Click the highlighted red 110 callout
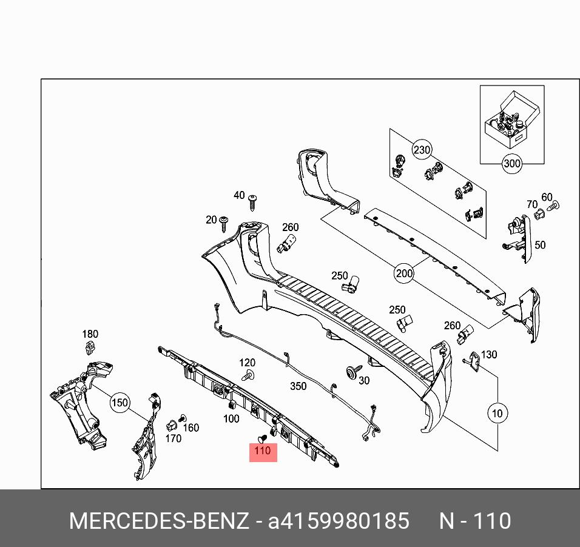pyautogui.click(x=263, y=451)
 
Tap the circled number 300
pyautogui.click(x=512, y=163)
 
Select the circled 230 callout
pyautogui.click(x=422, y=149)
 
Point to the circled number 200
pyautogui.click(x=404, y=273)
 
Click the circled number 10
pyautogui.click(x=497, y=414)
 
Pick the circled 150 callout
pyautogui.click(x=120, y=402)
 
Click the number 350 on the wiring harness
pyautogui.click(x=298, y=386)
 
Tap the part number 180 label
pyautogui.click(x=90, y=334)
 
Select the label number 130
pyautogui.click(x=488, y=355)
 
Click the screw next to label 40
pyautogui.click(x=254, y=202)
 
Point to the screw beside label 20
pyautogui.click(x=225, y=223)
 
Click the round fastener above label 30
pyautogui.click(x=351, y=371)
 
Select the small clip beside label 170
pyautogui.click(x=172, y=423)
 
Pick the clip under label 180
pyautogui.click(x=90, y=348)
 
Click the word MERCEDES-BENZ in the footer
pyautogui.click(x=159, y=521)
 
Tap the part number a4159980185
pyautogui.click(x=339, y=521)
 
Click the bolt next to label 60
pyautogui.click(x=552, y=207)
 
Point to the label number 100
pyautogui.click(x=231, y=419)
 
